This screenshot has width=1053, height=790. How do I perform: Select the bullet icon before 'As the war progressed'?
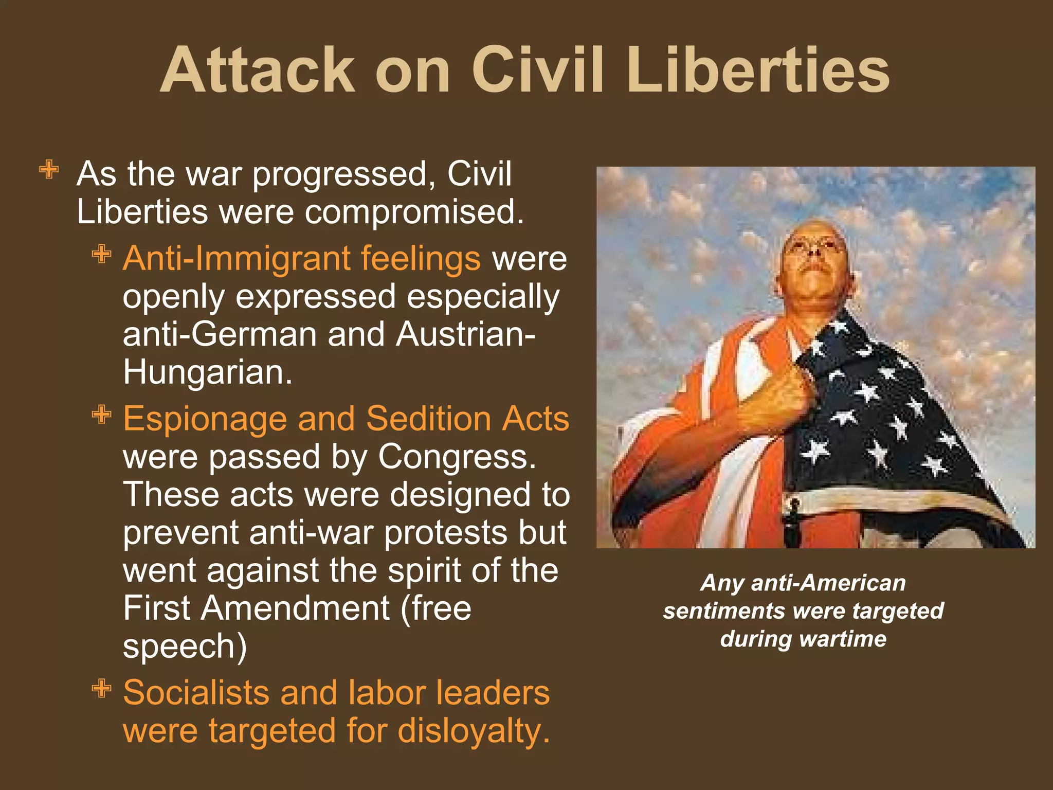click(49, 169)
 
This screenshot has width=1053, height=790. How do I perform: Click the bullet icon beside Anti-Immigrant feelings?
click(102, 254)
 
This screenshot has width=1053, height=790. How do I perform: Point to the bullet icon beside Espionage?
click(102, 414)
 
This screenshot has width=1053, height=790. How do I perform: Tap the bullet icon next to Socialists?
click(102, 688)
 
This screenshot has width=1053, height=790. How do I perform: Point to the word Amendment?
click(295, 608)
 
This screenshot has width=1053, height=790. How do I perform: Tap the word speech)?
click(185, 647)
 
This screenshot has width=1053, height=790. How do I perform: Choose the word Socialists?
click(196, 692)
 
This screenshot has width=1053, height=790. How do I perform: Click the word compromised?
click(414, 212)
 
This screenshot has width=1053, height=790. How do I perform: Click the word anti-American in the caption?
click(828, 583)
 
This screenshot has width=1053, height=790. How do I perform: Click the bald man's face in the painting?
click(815, 262)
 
